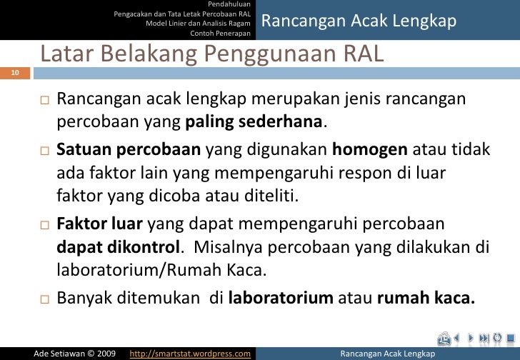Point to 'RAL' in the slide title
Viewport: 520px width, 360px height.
pyautogui.click(x=356, y=54)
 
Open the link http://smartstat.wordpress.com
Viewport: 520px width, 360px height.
pyautogui.click(x=191, y=353)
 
